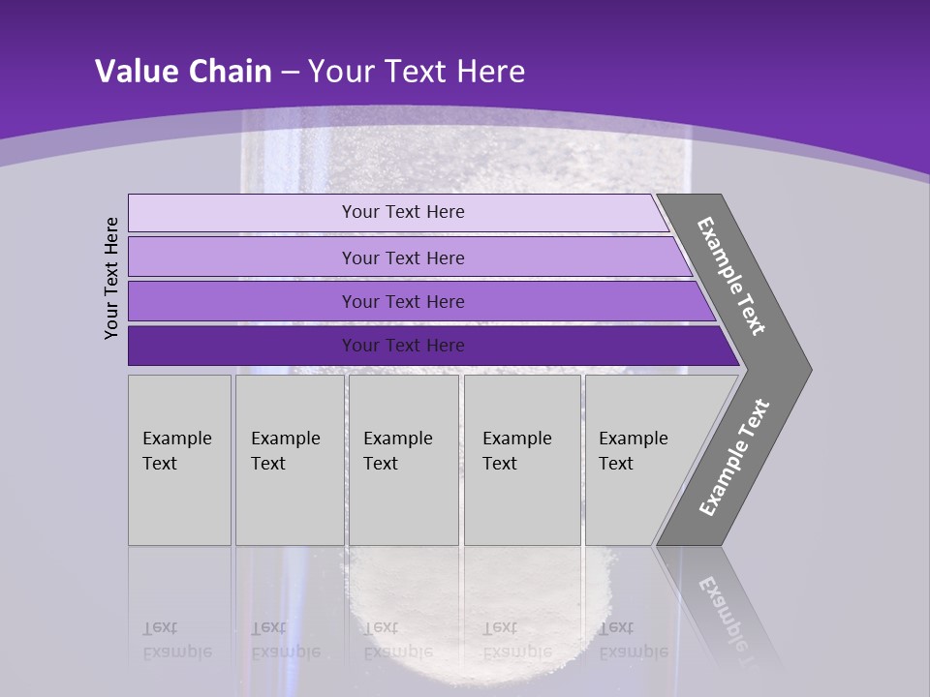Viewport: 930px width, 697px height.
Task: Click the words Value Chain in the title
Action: point(183,72)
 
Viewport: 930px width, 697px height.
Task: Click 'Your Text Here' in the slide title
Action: point(417,72)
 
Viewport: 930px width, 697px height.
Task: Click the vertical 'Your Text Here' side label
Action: point(112,278)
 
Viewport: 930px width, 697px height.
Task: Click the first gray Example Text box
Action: point(179,460)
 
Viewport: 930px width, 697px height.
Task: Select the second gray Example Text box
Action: point(289,460)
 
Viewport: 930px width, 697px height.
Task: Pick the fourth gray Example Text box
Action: point(521,460)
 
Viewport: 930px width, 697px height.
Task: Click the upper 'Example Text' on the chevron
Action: point(732,276)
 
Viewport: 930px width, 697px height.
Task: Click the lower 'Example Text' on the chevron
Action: point(734,457)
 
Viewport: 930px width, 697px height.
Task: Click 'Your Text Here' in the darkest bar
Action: point(403,346)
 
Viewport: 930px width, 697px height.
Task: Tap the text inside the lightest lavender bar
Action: point(403,212)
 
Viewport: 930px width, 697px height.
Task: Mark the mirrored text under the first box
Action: point(176,640)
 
